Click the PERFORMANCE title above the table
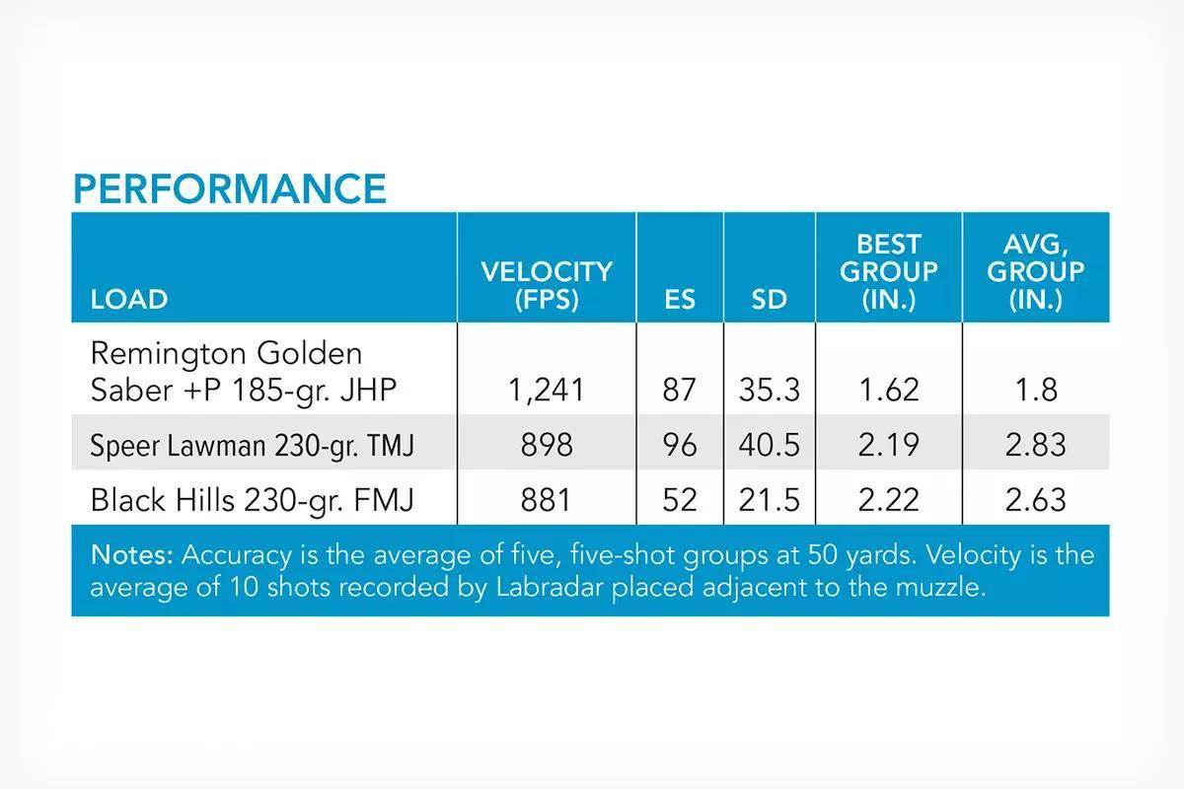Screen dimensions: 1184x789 point(230,188)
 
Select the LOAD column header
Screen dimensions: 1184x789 point(129,299)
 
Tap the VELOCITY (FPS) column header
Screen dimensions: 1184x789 point(547,285)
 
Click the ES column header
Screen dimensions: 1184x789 point(680,299)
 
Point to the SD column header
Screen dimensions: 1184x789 point(769,299)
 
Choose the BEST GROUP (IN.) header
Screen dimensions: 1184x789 point(889,271)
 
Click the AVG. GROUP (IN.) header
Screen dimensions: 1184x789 point(1035,271)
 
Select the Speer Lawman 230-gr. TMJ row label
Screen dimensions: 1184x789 point(253,445)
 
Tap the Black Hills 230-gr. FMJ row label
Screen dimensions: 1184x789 point(253,500)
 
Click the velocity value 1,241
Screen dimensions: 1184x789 point(547,390)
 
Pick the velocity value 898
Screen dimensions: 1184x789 point(547,445)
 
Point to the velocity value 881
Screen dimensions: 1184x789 point(546,500)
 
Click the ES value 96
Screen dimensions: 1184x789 point(680,445)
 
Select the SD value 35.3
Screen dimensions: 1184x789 point(769,390)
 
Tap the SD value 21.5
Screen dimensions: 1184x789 point(769,500)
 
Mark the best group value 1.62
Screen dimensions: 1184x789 point(889,390)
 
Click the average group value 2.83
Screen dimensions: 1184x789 point(1035,445)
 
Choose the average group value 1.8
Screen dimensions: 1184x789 point(1036,390)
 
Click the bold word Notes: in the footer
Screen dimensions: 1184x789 point(132,555)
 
